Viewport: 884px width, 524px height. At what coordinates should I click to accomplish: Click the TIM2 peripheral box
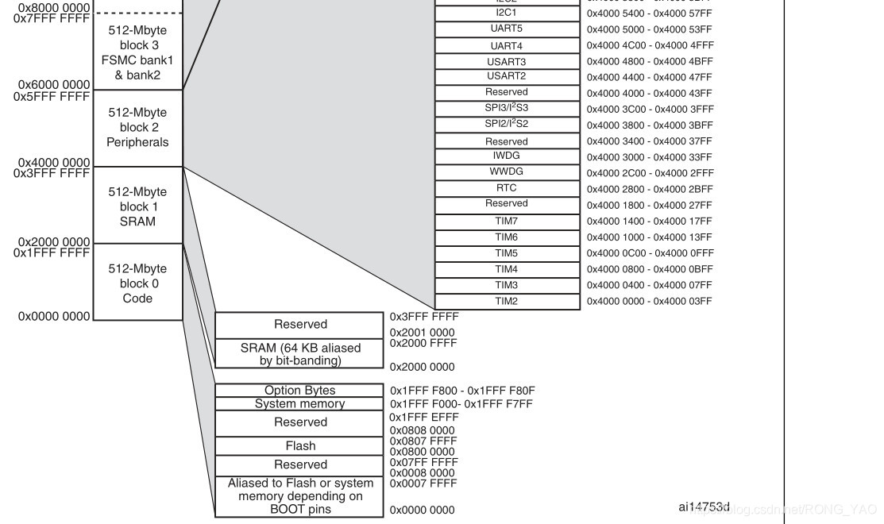[x=507, y=302]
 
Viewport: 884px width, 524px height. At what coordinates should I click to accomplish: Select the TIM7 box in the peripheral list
[x=507, y=222]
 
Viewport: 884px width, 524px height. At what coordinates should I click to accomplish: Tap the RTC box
[x=507, y=189]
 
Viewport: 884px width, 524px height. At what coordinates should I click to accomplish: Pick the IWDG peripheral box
[x=507, y=156]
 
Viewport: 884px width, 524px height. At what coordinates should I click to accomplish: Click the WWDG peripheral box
[x=507, y=172]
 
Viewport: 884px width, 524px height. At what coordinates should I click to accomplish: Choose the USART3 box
[x=507, y=61]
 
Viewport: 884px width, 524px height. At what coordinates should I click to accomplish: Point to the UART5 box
[x=507, y=29]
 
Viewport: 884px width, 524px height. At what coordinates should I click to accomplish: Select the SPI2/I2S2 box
[x=507, y=125]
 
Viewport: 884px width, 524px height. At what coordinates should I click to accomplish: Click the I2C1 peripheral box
[x=507, y=13]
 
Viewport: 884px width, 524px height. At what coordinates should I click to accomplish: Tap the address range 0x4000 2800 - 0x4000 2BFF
[x=650, y=189]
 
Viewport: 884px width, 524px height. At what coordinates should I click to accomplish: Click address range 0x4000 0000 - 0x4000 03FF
[x=650, y=302]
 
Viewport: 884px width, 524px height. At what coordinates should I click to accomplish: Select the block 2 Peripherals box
[x=138, y=127]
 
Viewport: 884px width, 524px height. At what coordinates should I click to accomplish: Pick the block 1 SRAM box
[x=138, y=206]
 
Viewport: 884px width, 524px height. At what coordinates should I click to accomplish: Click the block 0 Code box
[x=138, y=283]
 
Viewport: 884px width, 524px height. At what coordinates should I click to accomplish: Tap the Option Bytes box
[x=299, y=391]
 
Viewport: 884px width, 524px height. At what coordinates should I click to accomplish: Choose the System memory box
[x=299, y=404]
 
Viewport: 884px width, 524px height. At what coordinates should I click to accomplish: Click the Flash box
[x=299, y=446]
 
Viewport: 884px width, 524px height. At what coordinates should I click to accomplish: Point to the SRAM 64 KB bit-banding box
[x=299, y=354]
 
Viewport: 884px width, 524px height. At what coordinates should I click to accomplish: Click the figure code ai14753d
[x=704, y=507]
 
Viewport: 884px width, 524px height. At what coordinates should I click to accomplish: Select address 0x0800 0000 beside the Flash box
[x=423, y=452]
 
